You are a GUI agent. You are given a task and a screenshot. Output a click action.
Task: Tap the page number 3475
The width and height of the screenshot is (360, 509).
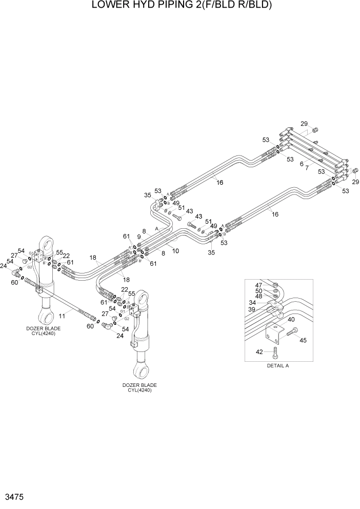(13, 498)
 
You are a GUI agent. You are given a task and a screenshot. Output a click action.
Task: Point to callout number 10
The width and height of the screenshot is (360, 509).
(175, 251)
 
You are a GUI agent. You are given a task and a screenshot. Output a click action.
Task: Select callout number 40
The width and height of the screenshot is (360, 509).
(291, 320)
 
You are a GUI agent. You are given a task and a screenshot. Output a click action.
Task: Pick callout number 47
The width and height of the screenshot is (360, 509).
(259, 285)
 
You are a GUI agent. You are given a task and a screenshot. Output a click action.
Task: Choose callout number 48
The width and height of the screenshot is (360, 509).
(259, 297)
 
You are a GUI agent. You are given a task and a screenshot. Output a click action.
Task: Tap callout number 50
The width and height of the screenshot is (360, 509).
(259, 291)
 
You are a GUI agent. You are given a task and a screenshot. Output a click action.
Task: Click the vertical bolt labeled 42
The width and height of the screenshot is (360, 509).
(275, 352)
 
